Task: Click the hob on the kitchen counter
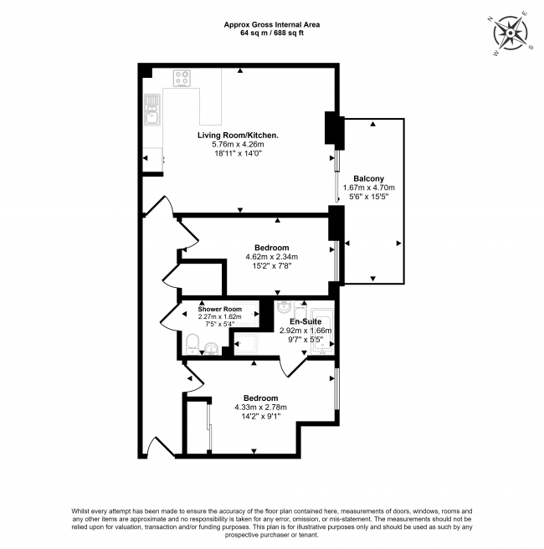(182, 79)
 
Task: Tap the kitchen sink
(151, 110)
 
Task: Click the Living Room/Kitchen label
(238, 135)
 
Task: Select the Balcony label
(369, 178)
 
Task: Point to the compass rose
(510, 33)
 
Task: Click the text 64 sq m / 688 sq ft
(271, 34)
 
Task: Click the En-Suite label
(305, 321)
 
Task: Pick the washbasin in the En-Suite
(283, 307)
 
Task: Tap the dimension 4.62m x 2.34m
(272, 257)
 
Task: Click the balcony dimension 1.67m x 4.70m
(369, 188)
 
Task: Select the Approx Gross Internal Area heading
(271, 25)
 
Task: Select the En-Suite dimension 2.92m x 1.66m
(305, 331)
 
